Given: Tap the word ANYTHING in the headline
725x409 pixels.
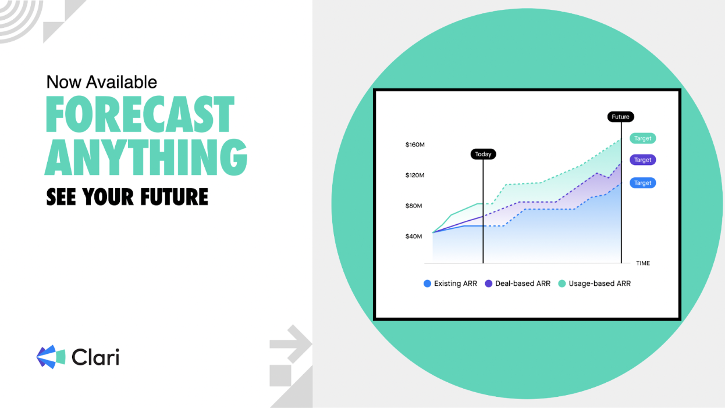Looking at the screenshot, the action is tap(146, 157).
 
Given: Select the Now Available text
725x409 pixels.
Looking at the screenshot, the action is tap(102, 82).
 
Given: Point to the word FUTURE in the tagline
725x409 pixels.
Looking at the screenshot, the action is tap(174, 197).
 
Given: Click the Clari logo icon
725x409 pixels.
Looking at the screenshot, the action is tap(51, 357).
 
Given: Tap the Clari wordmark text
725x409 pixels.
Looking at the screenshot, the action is tap(95, 357).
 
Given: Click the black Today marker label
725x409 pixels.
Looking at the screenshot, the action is tap(483, 154).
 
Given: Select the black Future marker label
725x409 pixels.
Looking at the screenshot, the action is tap(620, 117).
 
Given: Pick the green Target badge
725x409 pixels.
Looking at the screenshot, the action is tap(642, 138).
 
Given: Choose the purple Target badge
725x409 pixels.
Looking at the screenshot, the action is tap(642, 160).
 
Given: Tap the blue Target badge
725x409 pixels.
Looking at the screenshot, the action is tap(642, 183).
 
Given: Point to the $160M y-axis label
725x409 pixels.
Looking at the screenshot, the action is tap(415, 145).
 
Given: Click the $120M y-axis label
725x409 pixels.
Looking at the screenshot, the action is tap(415, 175).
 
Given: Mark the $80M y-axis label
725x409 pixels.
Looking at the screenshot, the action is tap(414, 206).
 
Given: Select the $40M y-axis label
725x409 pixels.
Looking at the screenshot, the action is tap(414, 236).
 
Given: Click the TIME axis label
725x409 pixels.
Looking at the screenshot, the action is tap(643, 263).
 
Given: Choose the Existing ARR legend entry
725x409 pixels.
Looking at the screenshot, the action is tap(450, 284).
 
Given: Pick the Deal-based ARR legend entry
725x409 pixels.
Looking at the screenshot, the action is tap(517, 284).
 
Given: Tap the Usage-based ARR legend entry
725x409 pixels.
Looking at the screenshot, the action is tap(595, 284).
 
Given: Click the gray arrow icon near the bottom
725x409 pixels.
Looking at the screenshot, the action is tap(292, 344).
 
